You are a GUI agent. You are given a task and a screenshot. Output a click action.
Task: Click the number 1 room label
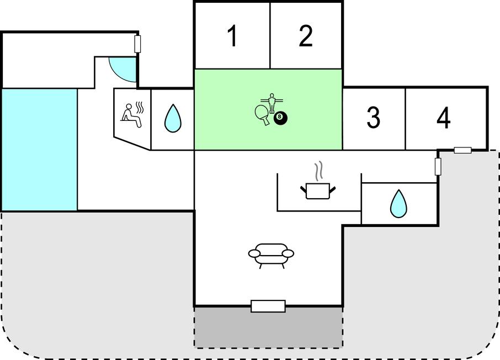coord(233,36)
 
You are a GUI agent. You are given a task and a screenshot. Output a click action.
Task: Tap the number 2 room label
coord(306,36)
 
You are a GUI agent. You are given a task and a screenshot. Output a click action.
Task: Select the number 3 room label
coord(373,118)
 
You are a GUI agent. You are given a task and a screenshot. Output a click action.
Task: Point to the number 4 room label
coord(444,118)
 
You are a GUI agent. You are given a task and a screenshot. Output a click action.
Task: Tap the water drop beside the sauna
coord(173,118)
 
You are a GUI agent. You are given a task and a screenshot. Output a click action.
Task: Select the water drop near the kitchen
coord(398,204)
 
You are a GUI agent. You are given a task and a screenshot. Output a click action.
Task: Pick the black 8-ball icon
coord(280,118)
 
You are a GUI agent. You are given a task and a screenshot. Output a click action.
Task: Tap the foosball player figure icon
coord(272,102)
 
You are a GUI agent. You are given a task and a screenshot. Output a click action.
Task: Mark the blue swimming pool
coord(40,150)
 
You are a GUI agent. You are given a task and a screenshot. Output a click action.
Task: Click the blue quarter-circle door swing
coord(123,70)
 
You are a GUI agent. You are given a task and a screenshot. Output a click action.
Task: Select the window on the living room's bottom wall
coord(268,306)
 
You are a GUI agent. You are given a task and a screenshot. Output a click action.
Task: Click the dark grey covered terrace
coord(269,327)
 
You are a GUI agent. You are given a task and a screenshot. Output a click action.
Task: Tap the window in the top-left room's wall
coord(138,44)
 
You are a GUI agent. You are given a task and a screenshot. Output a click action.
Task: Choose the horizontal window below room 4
coord(462,150)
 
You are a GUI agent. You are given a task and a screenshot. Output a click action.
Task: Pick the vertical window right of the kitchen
coord(438,166)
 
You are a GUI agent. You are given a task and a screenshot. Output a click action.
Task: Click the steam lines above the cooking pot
coord(318,171)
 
